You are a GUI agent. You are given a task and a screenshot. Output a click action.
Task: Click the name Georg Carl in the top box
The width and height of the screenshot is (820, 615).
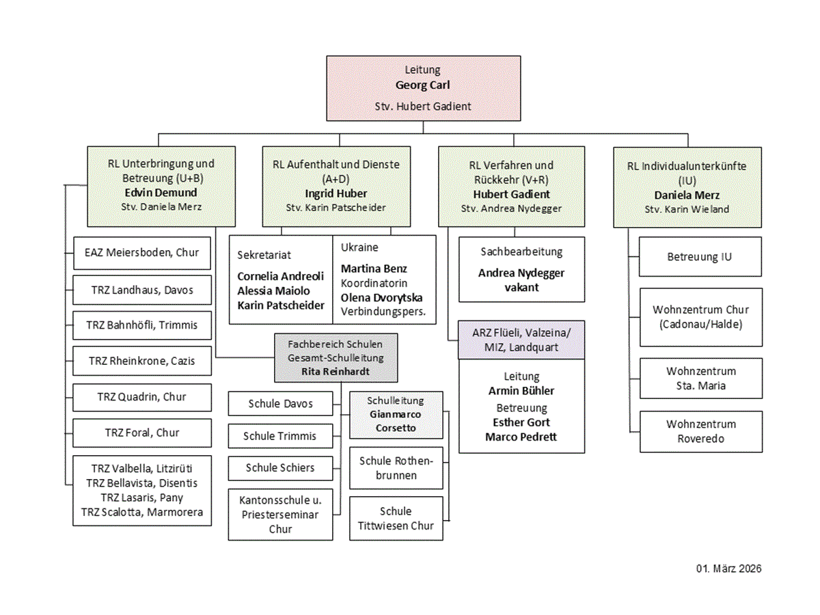(422, 85)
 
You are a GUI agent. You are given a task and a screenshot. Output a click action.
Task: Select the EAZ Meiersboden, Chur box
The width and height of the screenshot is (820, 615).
(142, 253)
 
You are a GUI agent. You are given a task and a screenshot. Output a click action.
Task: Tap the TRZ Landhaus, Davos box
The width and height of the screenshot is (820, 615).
(142, 290)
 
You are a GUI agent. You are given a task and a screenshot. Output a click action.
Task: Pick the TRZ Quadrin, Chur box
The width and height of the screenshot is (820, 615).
(142, 397)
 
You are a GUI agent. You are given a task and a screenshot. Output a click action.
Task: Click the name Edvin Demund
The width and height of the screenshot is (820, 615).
(161, 193)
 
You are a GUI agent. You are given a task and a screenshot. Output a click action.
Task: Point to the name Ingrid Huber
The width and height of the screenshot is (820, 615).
(336, 193)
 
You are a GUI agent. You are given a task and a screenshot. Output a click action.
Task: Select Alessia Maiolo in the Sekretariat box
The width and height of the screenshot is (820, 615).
(273, 290)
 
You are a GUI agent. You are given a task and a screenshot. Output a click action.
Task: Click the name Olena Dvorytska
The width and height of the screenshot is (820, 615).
(381, 298)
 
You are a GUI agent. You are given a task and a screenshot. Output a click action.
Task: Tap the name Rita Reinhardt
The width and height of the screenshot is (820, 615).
(336, 372)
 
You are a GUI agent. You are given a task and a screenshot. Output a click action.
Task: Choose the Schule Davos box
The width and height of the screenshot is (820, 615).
(281, 403)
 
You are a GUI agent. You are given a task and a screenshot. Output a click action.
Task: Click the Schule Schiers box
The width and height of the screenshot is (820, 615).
(281, 468)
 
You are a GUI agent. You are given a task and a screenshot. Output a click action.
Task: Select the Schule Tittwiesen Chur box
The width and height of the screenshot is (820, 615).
(396, 518)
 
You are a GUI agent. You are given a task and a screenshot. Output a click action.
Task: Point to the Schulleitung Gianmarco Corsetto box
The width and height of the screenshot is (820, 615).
(396, 415)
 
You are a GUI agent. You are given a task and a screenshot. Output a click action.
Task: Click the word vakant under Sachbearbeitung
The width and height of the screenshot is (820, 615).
(521, 288)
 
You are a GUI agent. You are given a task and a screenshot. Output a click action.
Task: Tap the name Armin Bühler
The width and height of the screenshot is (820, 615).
(521, 391)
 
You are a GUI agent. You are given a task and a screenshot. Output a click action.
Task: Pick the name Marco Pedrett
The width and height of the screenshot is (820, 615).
(521, 437)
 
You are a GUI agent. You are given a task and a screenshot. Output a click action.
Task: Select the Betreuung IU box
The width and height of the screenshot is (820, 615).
(700, 257)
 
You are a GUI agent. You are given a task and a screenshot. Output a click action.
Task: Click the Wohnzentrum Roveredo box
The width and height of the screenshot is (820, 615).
(701, 432)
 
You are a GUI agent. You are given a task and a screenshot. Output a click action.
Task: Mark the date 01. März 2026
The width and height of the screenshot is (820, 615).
(728, 569)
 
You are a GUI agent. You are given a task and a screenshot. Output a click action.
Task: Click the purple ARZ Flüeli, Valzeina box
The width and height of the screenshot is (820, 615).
(521, 340)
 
